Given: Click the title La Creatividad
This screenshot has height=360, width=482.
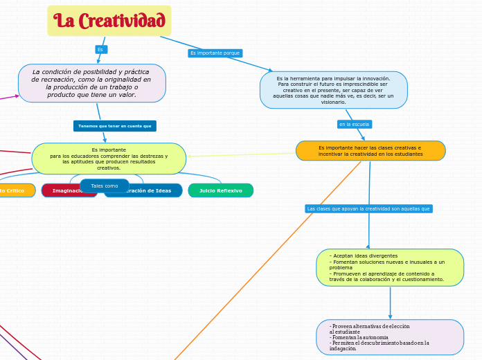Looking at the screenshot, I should [109, 21].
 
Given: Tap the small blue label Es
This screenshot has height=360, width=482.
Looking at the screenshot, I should [100, 49].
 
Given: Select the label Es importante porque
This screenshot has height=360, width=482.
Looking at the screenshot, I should [215, 53].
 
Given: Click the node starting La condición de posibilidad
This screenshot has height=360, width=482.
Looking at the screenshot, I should [91, 83].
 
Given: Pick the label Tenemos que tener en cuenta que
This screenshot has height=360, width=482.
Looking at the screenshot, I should [114, 126].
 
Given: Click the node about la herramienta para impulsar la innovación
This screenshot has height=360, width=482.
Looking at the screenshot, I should [333, 90].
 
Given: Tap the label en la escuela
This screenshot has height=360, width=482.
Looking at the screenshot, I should [354, 124].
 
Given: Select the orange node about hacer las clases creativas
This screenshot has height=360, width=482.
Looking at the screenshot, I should [370, 151].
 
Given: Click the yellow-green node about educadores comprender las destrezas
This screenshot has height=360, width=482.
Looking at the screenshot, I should [109, 159].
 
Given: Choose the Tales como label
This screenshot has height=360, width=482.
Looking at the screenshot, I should [105, 186].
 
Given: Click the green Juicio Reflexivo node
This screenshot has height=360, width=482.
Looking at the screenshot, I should [220, 190].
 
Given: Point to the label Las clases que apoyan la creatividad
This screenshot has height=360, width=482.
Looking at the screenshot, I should [368, 208].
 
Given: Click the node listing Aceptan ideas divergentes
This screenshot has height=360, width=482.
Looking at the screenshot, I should [390, 268].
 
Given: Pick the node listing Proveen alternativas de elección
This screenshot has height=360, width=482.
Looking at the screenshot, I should [390, 337].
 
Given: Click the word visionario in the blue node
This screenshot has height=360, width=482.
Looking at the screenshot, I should [333, 102].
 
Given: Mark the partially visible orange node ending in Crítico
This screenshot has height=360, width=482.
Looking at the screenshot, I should [15, 190].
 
